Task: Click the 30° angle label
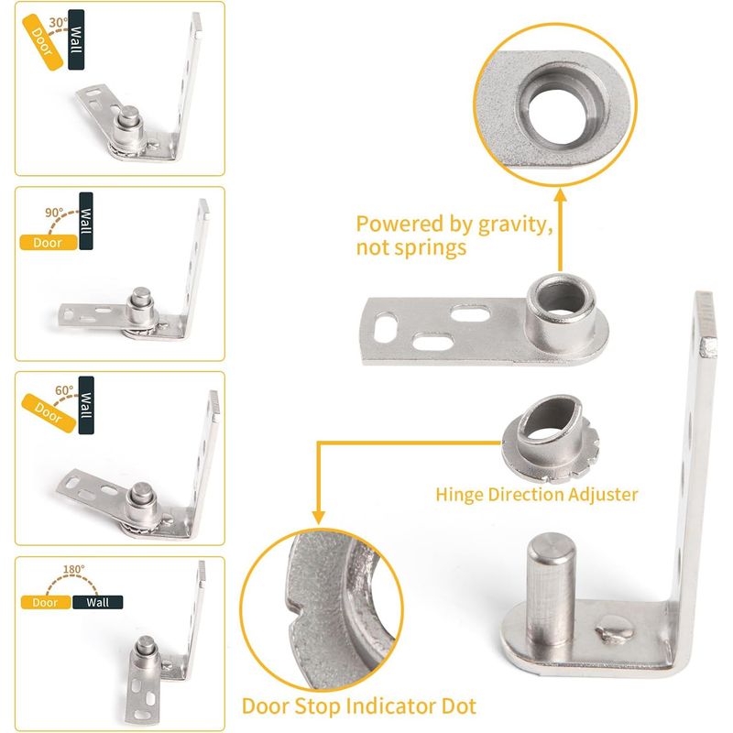click(58, 22)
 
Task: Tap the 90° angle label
click(54, 213)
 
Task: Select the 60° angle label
click(64, 390)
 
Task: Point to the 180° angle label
click(74, 569)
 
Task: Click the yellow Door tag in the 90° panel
click(49, 243)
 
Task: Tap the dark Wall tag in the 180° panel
click(98, 602)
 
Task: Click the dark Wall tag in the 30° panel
click(76, 39)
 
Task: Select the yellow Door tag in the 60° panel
click(49, 413)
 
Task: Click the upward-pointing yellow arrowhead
click(561, 194)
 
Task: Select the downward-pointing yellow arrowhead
click(318, 517)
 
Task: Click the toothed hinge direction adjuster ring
click(550, 437)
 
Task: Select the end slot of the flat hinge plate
click(386, 326)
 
